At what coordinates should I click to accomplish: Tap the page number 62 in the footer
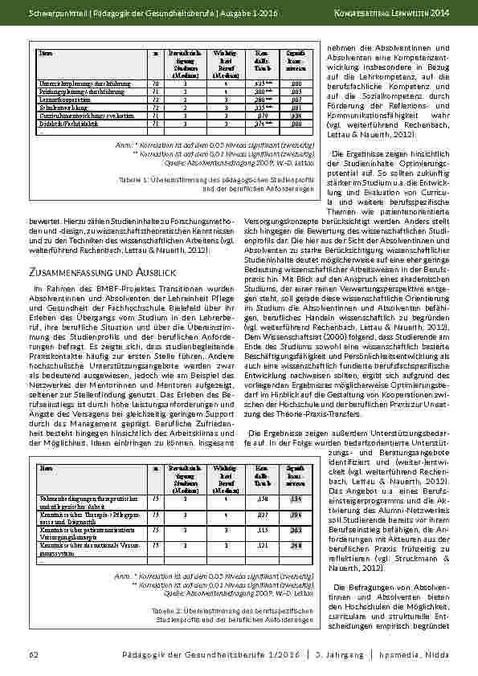pyautogui.click(x=34, y=655)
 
